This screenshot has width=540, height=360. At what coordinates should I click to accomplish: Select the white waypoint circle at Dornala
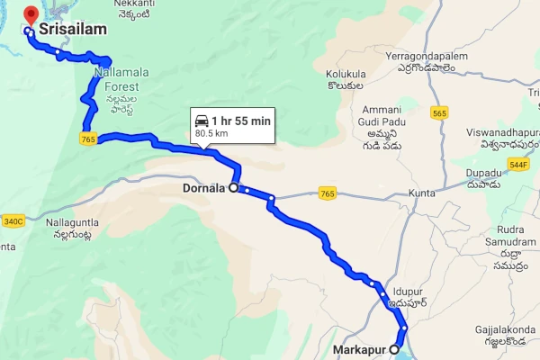[234, 188]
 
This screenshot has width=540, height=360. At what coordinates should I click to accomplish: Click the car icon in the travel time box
[202, 121]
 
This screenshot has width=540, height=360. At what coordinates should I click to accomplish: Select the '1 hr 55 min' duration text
[240, 121]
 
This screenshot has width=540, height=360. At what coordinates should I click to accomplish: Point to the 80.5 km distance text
[212, 134]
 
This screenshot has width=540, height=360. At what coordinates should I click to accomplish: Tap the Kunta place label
[420, 193]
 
